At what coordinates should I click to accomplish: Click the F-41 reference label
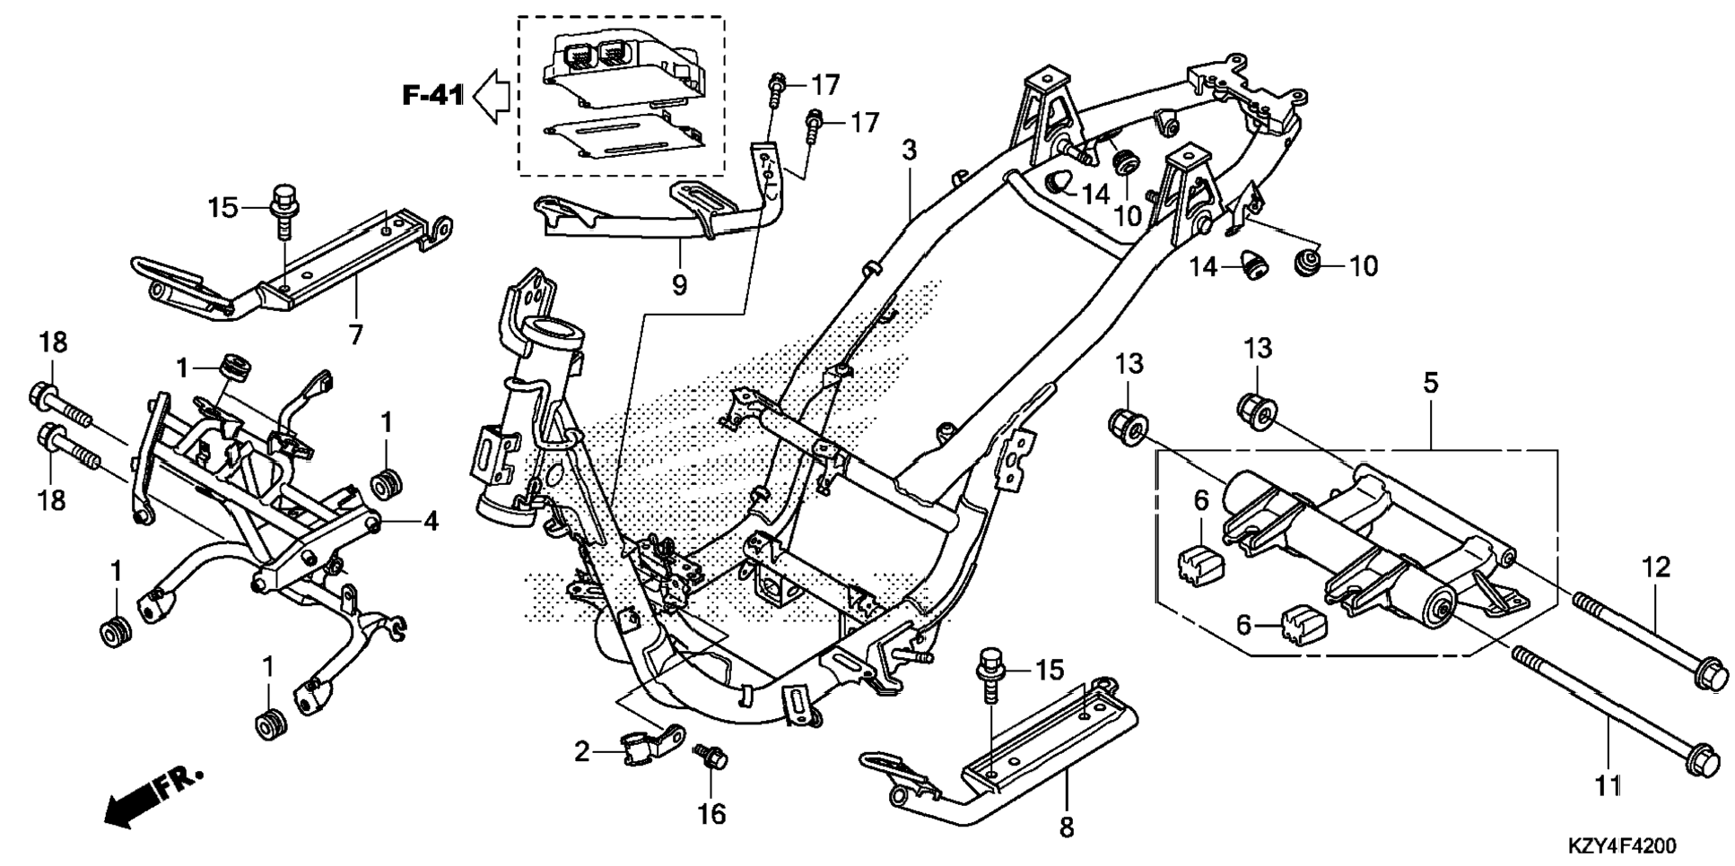click(x=432, y=94)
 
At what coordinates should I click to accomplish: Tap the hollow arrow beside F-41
click(x=491, y=95)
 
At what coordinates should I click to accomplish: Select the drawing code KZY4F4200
click(x=1621, y=846)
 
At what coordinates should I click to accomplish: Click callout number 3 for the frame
click(x=910, y=150)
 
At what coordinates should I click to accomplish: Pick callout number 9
click(x=679, y=285)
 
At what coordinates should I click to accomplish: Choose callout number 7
click(x=356, y=334)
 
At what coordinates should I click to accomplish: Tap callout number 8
click(x=1066, y=827)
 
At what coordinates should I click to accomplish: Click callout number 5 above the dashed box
click(x=1430, y=383)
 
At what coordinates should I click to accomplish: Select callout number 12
click(x=1656, y=567)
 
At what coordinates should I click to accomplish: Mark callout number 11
click(x=1608, y=786)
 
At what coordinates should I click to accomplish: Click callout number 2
click(x=582, y=751)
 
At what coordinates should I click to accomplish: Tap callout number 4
click(x=431, y=520)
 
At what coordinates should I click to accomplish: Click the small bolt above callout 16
click(x=713, y=758)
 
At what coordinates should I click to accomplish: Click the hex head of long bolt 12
click(x=1708, y=674)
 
